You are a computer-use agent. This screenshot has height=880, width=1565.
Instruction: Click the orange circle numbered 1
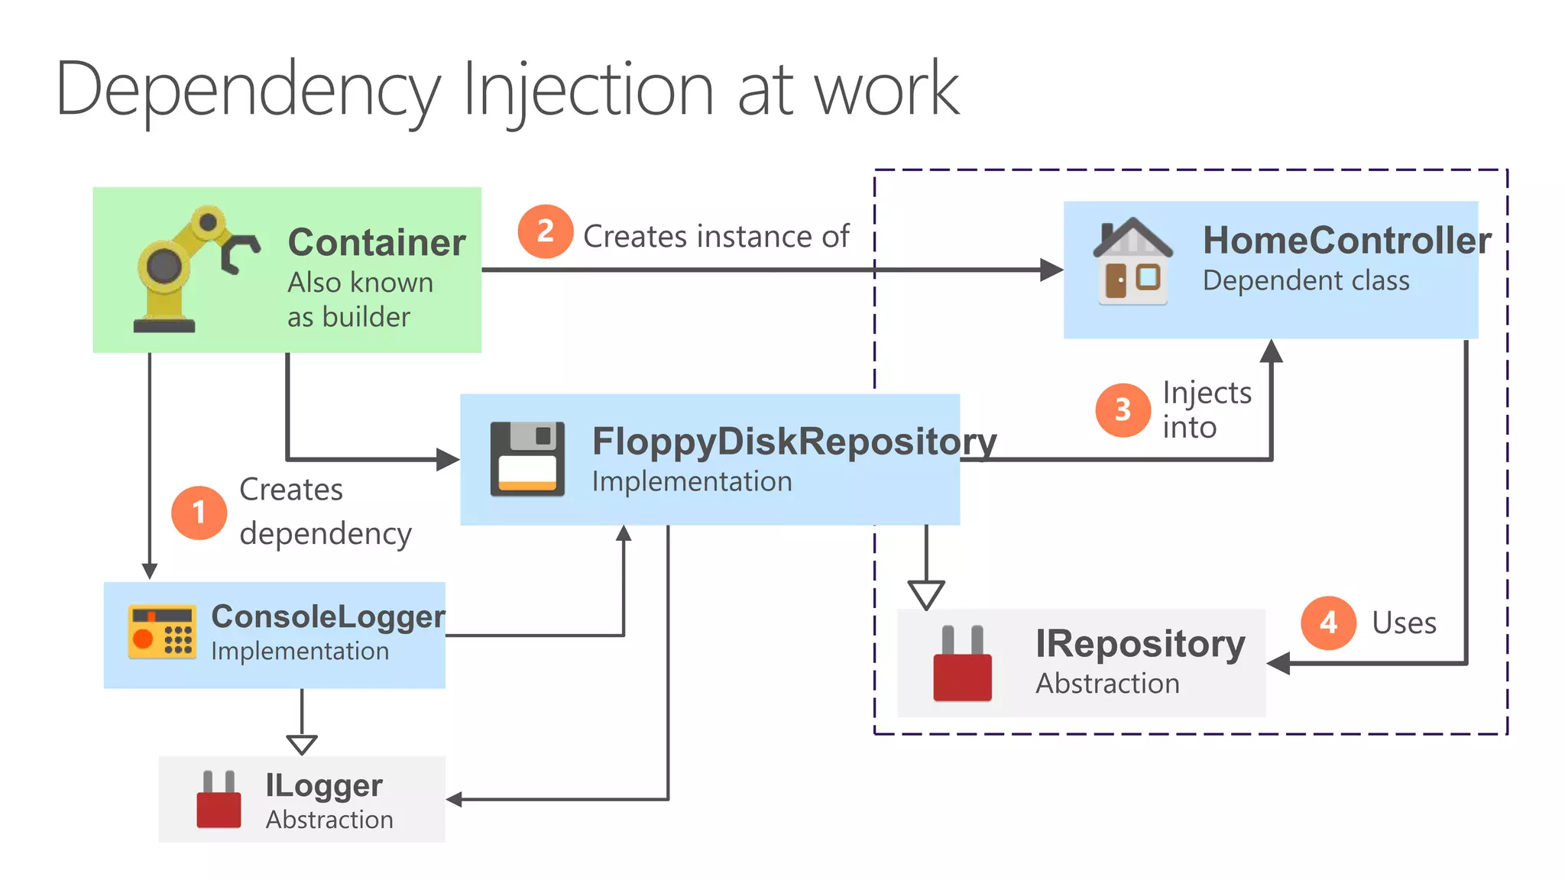(199, 513)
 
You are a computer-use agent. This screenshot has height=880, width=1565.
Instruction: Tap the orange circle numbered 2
(545, 231)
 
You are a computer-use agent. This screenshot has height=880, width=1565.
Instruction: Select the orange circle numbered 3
(1123, 410)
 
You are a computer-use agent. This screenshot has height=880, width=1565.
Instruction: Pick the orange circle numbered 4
(1328, 623)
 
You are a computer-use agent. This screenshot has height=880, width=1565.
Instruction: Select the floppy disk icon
(527, 459)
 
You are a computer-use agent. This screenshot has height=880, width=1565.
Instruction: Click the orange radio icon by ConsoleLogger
(161, 632)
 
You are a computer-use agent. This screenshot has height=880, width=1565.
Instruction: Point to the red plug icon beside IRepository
(962, 663)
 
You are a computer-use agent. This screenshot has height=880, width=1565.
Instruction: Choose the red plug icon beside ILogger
(219, 800)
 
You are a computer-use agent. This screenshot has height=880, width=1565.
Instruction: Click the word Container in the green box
(377, 243)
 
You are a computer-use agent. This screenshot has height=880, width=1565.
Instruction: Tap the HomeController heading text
(1346, 241)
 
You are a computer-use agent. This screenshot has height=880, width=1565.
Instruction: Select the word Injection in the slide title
(588, 90)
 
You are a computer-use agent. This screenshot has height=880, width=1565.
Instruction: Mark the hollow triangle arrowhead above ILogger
(302, 744)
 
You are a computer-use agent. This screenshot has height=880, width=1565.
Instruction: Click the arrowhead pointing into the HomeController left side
(1051, 270)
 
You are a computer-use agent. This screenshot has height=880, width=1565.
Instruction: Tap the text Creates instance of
(716, 237)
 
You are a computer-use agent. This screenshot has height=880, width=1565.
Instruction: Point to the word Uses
(1404, 623)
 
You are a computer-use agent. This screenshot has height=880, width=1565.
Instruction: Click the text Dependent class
(1306, 281)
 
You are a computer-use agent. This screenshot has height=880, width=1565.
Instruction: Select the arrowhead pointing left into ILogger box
(455, 800)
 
